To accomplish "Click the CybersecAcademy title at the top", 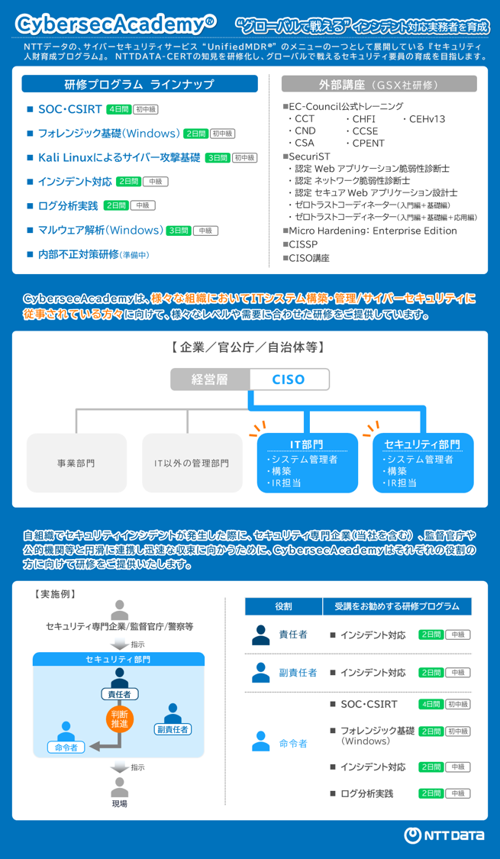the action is [116, 24].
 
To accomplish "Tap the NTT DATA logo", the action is [444, 835].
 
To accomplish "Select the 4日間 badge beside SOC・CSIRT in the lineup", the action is [119, 109].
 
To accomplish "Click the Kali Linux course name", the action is [119, 157].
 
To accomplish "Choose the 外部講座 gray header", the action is [379, 84].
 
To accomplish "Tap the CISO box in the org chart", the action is [289, 379].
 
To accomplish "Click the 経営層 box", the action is [210, 379].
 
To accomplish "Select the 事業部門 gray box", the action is [76, 463].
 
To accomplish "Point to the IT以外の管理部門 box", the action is [192, 463].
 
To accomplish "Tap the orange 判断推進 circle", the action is [119, 719].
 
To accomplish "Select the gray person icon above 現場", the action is [119, 787].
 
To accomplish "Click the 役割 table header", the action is [283, 606].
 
